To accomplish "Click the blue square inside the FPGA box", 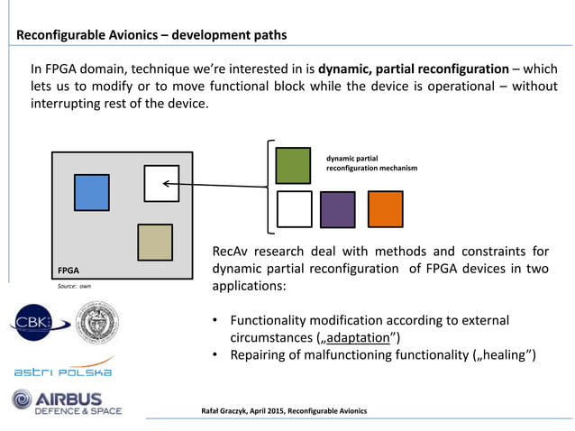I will [x=91, y=192].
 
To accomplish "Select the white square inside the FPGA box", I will [x=161, y=184].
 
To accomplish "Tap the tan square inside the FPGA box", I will [x=154, y=242].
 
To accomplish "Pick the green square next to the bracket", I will [x=294, y=165].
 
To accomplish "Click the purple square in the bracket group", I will [x=338, y=209].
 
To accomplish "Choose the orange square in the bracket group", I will [x=385, y=209].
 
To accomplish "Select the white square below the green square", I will [x=294, y=209].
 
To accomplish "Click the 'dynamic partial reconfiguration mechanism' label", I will [x=370, y=163].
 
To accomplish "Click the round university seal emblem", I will [x=96, y=323].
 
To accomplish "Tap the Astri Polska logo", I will [x=62, y=371].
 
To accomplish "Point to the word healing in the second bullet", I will [x=505, y=354].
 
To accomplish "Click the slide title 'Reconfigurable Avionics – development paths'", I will [x=151, y=35].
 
